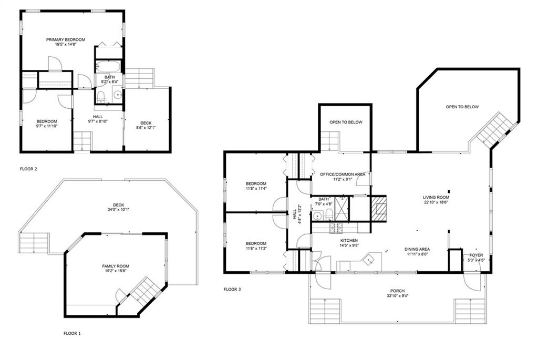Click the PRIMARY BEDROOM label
66,39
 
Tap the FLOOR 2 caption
28,169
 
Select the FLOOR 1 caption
72,333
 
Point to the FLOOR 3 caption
232,289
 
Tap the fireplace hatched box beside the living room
378,209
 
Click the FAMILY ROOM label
116,266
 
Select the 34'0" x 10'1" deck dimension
118,209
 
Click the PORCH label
397,291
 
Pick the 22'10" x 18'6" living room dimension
436,202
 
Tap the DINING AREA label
417,250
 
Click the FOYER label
476,255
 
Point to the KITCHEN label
349,241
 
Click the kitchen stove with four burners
336,228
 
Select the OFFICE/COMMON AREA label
343,174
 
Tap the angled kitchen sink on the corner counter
369,261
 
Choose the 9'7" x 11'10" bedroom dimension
47,126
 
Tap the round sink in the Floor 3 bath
317,216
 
